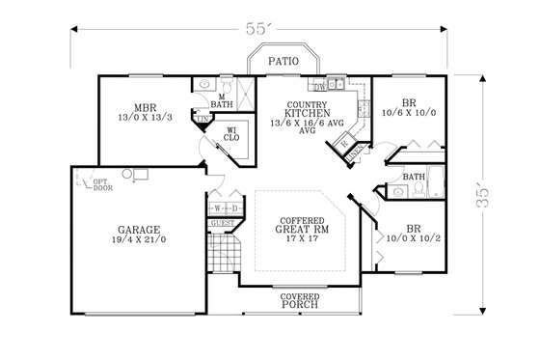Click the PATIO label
tap(283, 61)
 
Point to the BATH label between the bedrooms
tap(415, 178)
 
